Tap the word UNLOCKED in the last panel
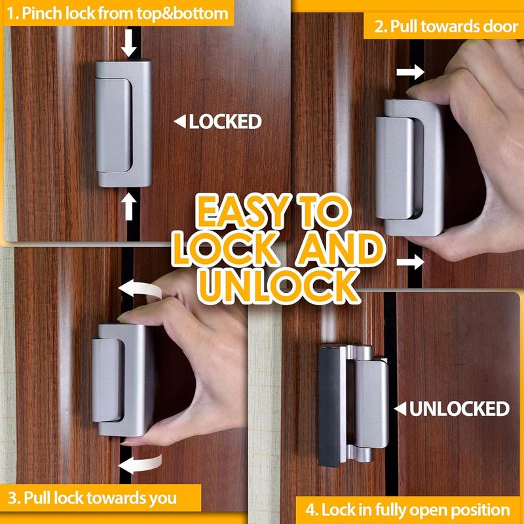click(458, 409)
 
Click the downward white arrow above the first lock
click(130, 44)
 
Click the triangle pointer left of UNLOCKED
click(399, 409)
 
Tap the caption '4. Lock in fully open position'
click(408, 509)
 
